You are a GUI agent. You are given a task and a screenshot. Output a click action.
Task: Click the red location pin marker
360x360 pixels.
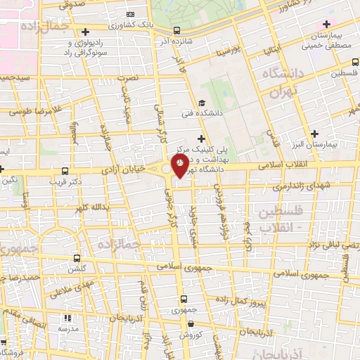[x=180, y=165]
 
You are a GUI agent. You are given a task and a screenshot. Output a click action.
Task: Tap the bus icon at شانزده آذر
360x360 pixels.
[x=176, y=30]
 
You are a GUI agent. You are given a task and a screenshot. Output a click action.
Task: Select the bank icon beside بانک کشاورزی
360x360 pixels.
[x=130, y=14]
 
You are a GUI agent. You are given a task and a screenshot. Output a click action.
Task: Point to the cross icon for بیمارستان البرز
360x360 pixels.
[x=315, y=133]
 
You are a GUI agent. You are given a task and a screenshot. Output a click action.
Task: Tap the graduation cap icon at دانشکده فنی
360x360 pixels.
[x=202, y=103]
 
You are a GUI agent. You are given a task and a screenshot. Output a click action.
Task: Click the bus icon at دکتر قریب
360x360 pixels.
[x=65, y=170]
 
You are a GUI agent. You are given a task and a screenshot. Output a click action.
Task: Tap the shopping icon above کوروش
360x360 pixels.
[x=191, y=325]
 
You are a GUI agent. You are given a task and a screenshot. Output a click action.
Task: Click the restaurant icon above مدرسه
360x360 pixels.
[x=68, y=318]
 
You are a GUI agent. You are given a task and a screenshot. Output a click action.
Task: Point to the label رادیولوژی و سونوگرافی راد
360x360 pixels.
[x=84, y=48]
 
